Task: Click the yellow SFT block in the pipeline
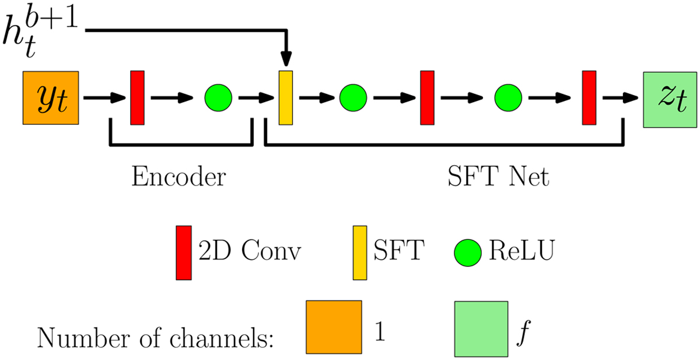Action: point(285,98)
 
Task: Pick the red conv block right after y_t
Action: point(137,98)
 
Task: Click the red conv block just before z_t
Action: point(589,98)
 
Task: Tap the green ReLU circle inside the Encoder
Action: point(218,97)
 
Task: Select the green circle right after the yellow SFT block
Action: point(352,97)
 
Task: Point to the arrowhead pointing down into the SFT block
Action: point(285,59)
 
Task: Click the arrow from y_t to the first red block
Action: point(105,98)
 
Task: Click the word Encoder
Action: point(177,176)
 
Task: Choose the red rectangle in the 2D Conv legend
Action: point(183,253)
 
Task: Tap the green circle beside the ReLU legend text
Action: point(468,253)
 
